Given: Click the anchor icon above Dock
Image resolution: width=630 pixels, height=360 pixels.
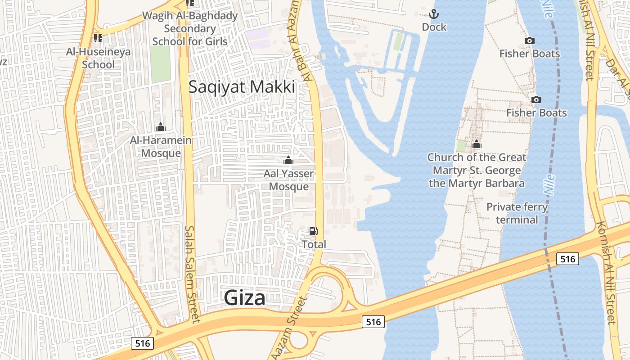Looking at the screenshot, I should click(434, 14).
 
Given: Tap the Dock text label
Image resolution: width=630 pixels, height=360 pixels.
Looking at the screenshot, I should click(434, 27).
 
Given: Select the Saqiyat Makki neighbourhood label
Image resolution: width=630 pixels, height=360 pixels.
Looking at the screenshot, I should click(242, 87).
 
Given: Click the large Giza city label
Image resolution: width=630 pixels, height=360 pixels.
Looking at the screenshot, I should click(244, 298).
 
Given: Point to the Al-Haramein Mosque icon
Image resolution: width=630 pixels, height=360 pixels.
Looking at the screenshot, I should click(161, 127).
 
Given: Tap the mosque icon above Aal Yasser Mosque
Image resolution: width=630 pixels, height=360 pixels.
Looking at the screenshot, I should click(288, 160).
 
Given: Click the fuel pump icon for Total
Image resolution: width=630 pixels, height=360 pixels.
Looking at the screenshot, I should click(313, 231).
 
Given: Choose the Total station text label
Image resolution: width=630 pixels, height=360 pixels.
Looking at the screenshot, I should click(314, 244).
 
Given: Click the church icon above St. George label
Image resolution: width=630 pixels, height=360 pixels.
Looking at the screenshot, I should click(477, 144).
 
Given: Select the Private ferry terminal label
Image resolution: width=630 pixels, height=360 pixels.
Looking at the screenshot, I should click(517, 213).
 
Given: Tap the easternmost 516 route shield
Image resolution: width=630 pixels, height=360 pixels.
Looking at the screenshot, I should click(567, 259).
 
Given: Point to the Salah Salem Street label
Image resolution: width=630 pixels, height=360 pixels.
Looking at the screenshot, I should click(191, 274).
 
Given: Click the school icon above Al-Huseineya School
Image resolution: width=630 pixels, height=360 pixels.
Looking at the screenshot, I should click(98, 38).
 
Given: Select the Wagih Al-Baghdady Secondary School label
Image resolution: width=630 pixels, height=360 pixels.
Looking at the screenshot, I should click(190, 28).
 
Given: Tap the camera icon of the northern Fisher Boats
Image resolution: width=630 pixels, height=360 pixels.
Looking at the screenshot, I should click(530, 41).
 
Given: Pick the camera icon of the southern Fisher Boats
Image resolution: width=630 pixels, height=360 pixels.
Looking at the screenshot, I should click(536, 99).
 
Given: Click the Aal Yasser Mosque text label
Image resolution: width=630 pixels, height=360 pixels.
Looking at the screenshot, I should click(288, 180).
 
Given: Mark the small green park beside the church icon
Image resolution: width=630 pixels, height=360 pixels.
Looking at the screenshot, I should click(461, 146).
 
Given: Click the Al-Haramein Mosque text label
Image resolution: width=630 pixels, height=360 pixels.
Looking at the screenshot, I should click(161, 147).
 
